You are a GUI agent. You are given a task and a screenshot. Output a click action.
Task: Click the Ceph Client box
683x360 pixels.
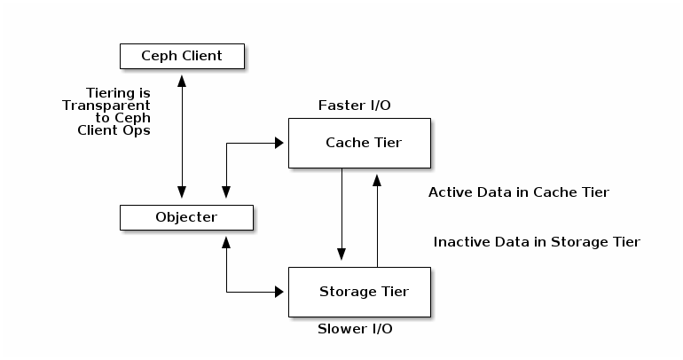pyautogui.click(x=182, y=57)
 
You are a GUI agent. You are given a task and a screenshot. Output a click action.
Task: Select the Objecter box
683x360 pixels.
pyautogui.click(x=186, y=216)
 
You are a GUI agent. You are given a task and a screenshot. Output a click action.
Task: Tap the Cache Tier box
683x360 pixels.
pyautogui.click(x=359, y=143)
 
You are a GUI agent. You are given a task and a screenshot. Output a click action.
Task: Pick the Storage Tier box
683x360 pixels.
pyautogui.click(x=359, y=291)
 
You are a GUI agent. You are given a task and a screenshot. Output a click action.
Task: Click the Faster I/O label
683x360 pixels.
pyautogui.click(x=355, y=106)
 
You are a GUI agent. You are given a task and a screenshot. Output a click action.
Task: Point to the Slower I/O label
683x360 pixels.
pyautogui.click(x=355, y=329)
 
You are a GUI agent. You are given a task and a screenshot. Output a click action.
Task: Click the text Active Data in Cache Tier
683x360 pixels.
pyautogui.click(x=519, y=192)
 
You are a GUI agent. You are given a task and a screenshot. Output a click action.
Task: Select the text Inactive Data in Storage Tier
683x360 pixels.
pyautogui.click(x=537, y=242)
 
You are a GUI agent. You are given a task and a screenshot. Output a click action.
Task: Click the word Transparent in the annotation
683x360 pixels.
pyautogui.click(x=106, y=105)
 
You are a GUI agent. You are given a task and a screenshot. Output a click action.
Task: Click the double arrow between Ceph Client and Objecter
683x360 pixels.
pyautogui.click(x=182, y=133)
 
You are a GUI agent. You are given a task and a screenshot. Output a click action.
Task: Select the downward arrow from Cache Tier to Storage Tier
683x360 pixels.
pyautogui.click(x=341, y=213)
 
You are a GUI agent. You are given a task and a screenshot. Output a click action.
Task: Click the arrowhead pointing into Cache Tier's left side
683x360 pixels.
pyautogui.click(x=281, y=142)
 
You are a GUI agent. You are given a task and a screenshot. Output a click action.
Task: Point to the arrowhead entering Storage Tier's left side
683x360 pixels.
pyautogui.click(x=281, y=291)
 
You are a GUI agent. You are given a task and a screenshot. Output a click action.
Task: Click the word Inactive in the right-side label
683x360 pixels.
pyautogui.click(x=460, y=242)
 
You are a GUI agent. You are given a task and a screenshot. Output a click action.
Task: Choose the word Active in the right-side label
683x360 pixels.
pyautogui.click(x=449, y=192)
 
